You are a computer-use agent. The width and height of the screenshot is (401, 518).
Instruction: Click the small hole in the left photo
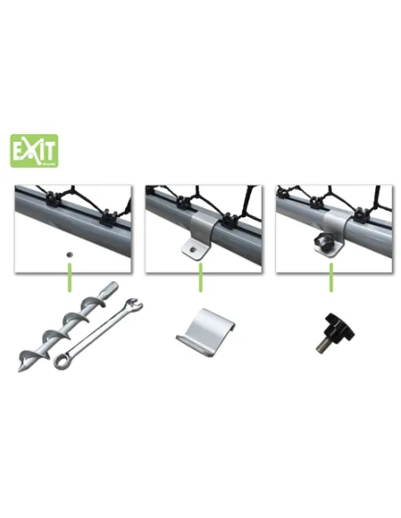coord(67,251)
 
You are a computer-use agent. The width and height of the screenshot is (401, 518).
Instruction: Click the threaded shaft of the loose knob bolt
coord(320,345)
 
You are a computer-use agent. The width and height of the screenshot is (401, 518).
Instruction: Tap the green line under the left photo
coord(67,282)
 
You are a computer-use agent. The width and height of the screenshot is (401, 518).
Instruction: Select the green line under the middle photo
coord(200,282)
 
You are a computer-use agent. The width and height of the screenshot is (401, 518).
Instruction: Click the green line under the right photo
coord(333,282)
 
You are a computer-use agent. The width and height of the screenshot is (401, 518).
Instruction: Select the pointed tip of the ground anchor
coord(22,365)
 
